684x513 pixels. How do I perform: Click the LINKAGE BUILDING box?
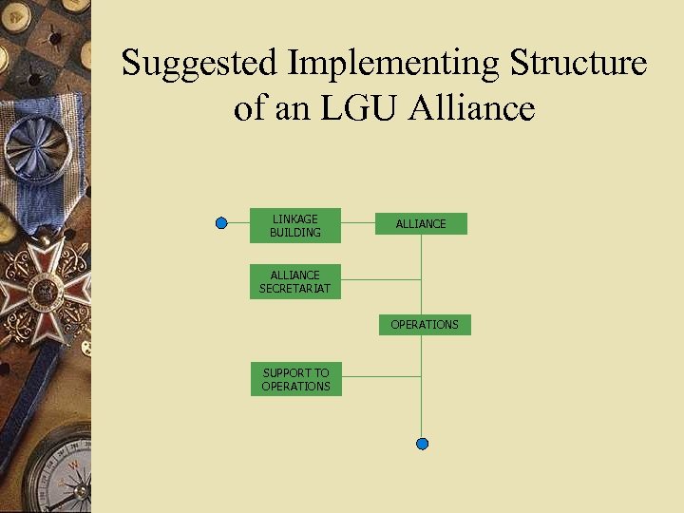(x=294, y=225)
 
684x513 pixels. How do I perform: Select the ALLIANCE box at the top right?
(x=421, y=223)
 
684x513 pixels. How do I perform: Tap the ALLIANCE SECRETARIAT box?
(x=295, y=281)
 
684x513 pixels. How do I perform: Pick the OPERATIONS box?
(x=425, y=325)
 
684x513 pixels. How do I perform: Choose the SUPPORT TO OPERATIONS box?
(x=295, y=379)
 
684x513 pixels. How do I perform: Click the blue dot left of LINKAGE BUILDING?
(x=221, y=223)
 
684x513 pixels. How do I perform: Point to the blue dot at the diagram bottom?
(x=423, y=444)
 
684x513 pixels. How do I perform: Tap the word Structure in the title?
(x=579, y=64)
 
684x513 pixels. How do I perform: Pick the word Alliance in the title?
(x=472, y=108)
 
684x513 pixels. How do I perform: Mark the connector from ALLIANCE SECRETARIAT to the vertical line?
(x=380, y=279)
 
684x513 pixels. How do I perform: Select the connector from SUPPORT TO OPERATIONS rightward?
(x=380, y=376)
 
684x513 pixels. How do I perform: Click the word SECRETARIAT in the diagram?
(x=295, y=289)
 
